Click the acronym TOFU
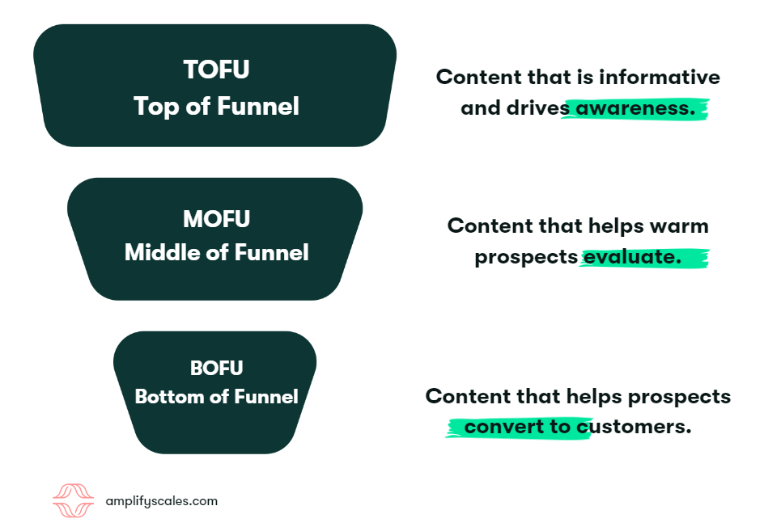click(x=216, y=70)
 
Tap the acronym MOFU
click(x=216, y=218)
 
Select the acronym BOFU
click(x=216, y=368)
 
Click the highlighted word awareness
click(x=635, y=108)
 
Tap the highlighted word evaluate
click(x=630, y=257)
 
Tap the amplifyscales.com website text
click(x=162, y=501)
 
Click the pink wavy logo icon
click(x=74, y=500)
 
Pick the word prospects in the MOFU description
click(x=525, y=257)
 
